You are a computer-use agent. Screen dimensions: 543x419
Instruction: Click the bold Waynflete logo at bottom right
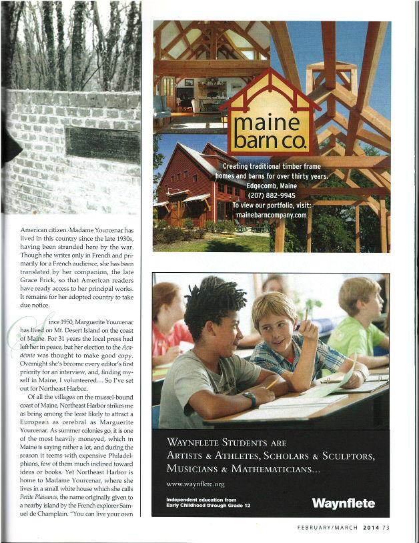click(342, 503)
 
